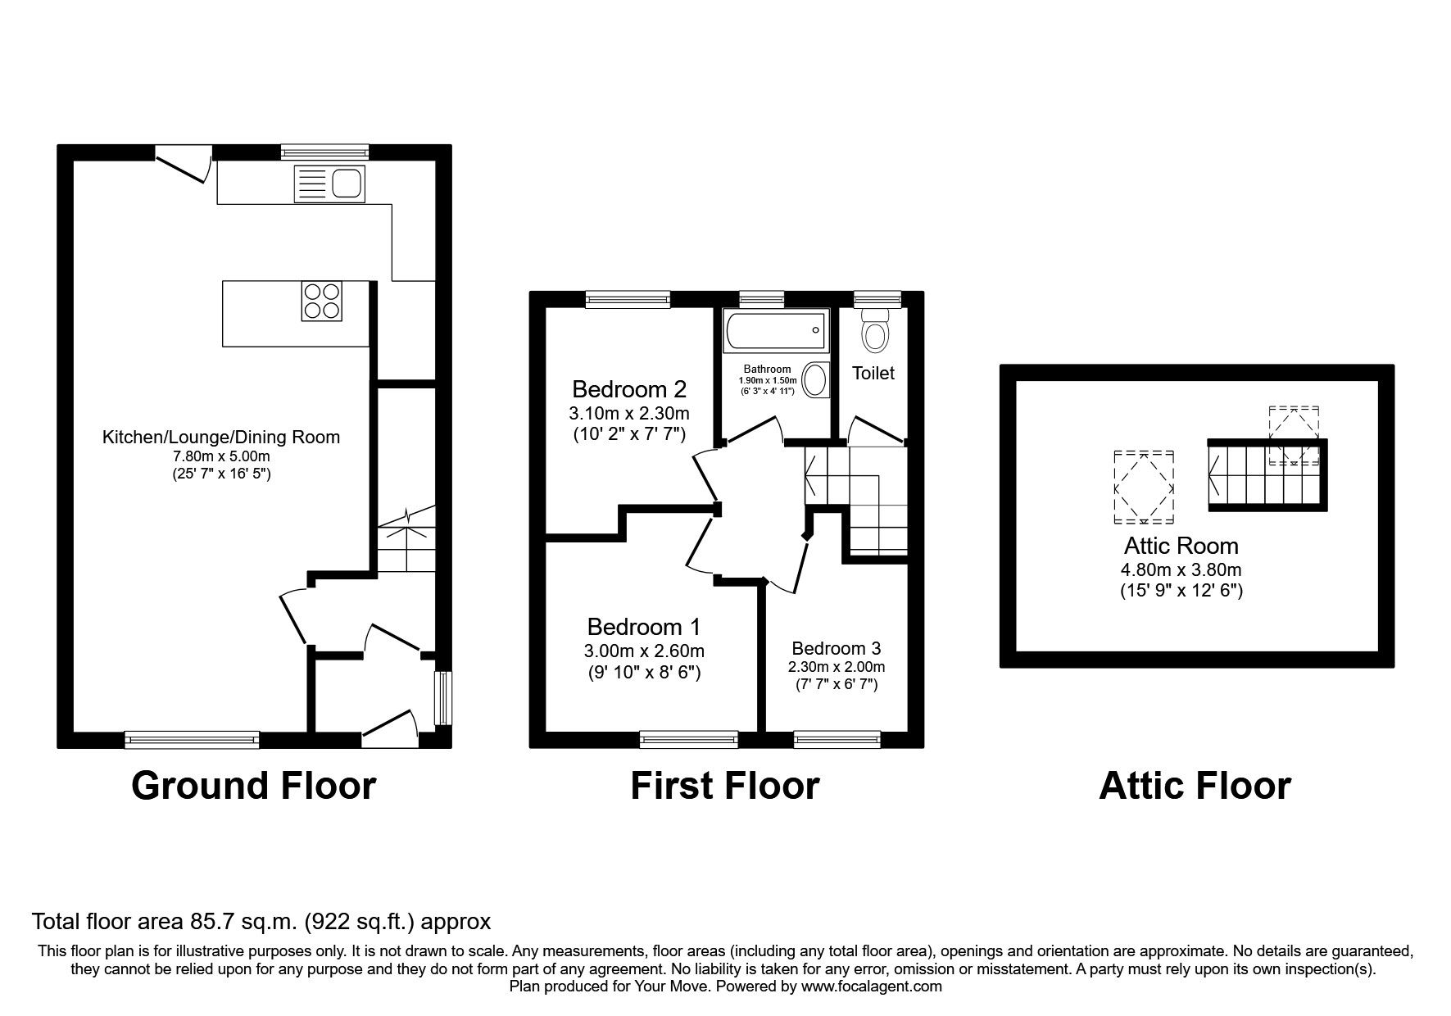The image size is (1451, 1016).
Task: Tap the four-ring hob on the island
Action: pos(322,301)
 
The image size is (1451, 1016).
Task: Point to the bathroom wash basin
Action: pos(814,381)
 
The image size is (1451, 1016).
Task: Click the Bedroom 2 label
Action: pos(629,388)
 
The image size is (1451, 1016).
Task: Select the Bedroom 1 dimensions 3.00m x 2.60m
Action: pos(644,651)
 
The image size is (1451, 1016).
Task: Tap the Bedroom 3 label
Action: pos(837,649)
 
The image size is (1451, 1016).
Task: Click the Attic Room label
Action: pos(1181,546)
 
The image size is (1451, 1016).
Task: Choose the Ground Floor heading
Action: pos(253,785)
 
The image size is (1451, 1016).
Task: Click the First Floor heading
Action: pos(724,785)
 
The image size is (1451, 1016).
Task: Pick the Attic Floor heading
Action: pos(1195,785)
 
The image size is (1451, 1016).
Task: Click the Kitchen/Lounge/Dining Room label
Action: pos(220,438)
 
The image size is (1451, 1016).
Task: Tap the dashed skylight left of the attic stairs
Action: pos(1144,487)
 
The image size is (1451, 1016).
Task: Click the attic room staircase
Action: pos(1266,474)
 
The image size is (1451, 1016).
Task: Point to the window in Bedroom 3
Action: pos(837,741)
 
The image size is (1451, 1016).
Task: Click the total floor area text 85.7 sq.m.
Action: pos(261,922)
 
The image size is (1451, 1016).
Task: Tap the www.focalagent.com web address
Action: pos(871,987)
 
